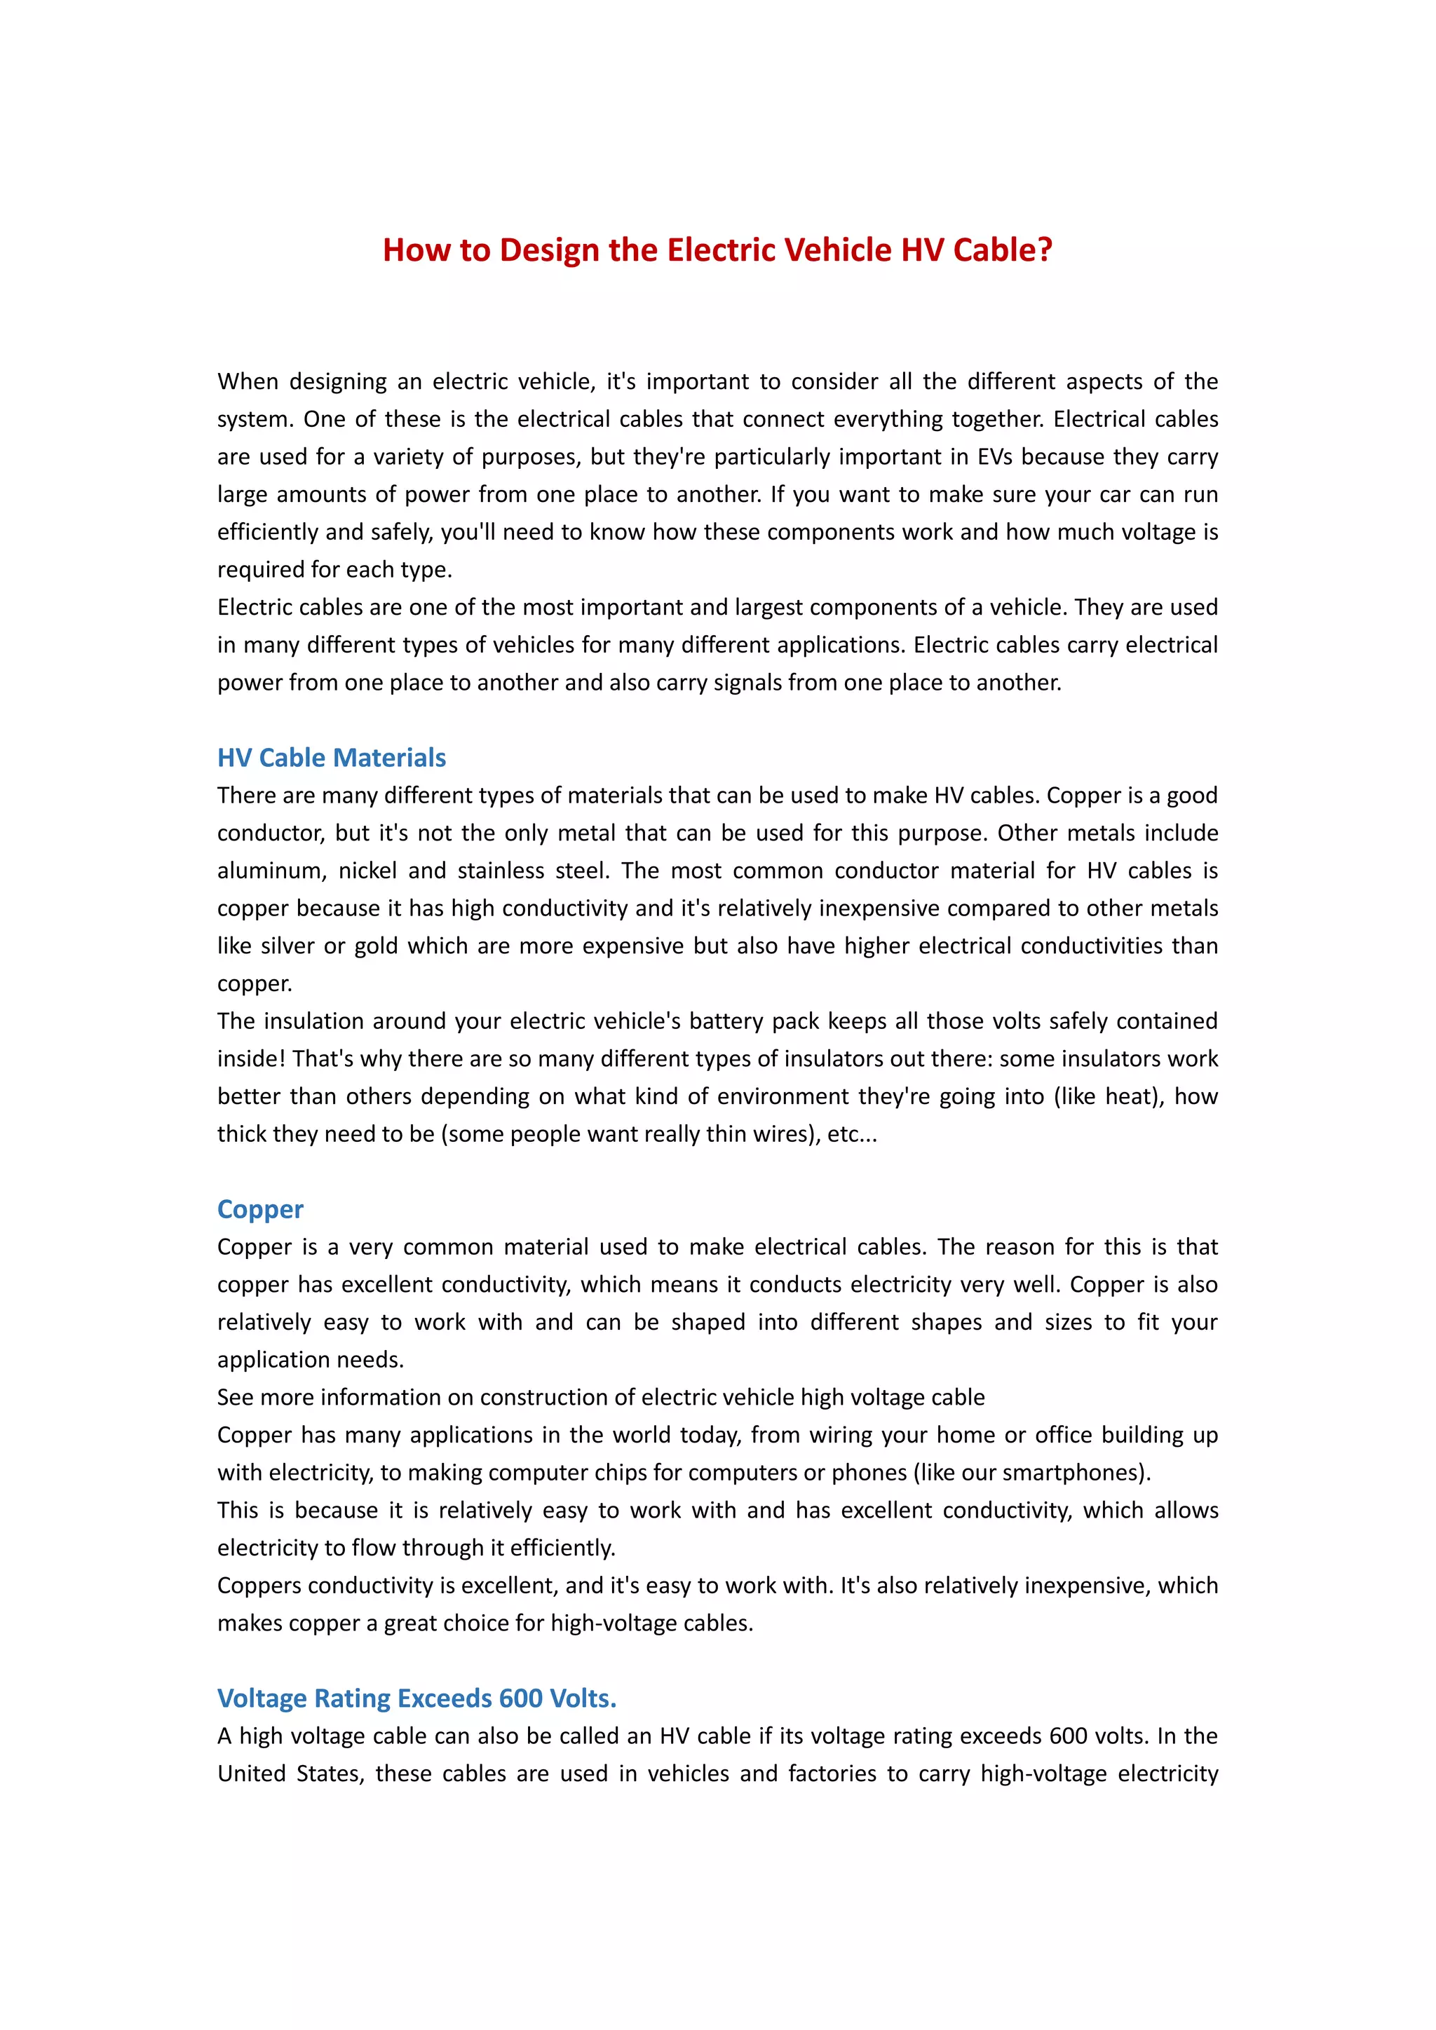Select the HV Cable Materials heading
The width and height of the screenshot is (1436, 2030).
coord(332,758)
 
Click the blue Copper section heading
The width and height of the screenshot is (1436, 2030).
coord(260,1208)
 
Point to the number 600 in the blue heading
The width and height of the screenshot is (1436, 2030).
coord(520,1698)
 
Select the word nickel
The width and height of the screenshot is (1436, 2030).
coord(368,871)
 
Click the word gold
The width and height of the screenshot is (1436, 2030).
coord(376,946)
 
